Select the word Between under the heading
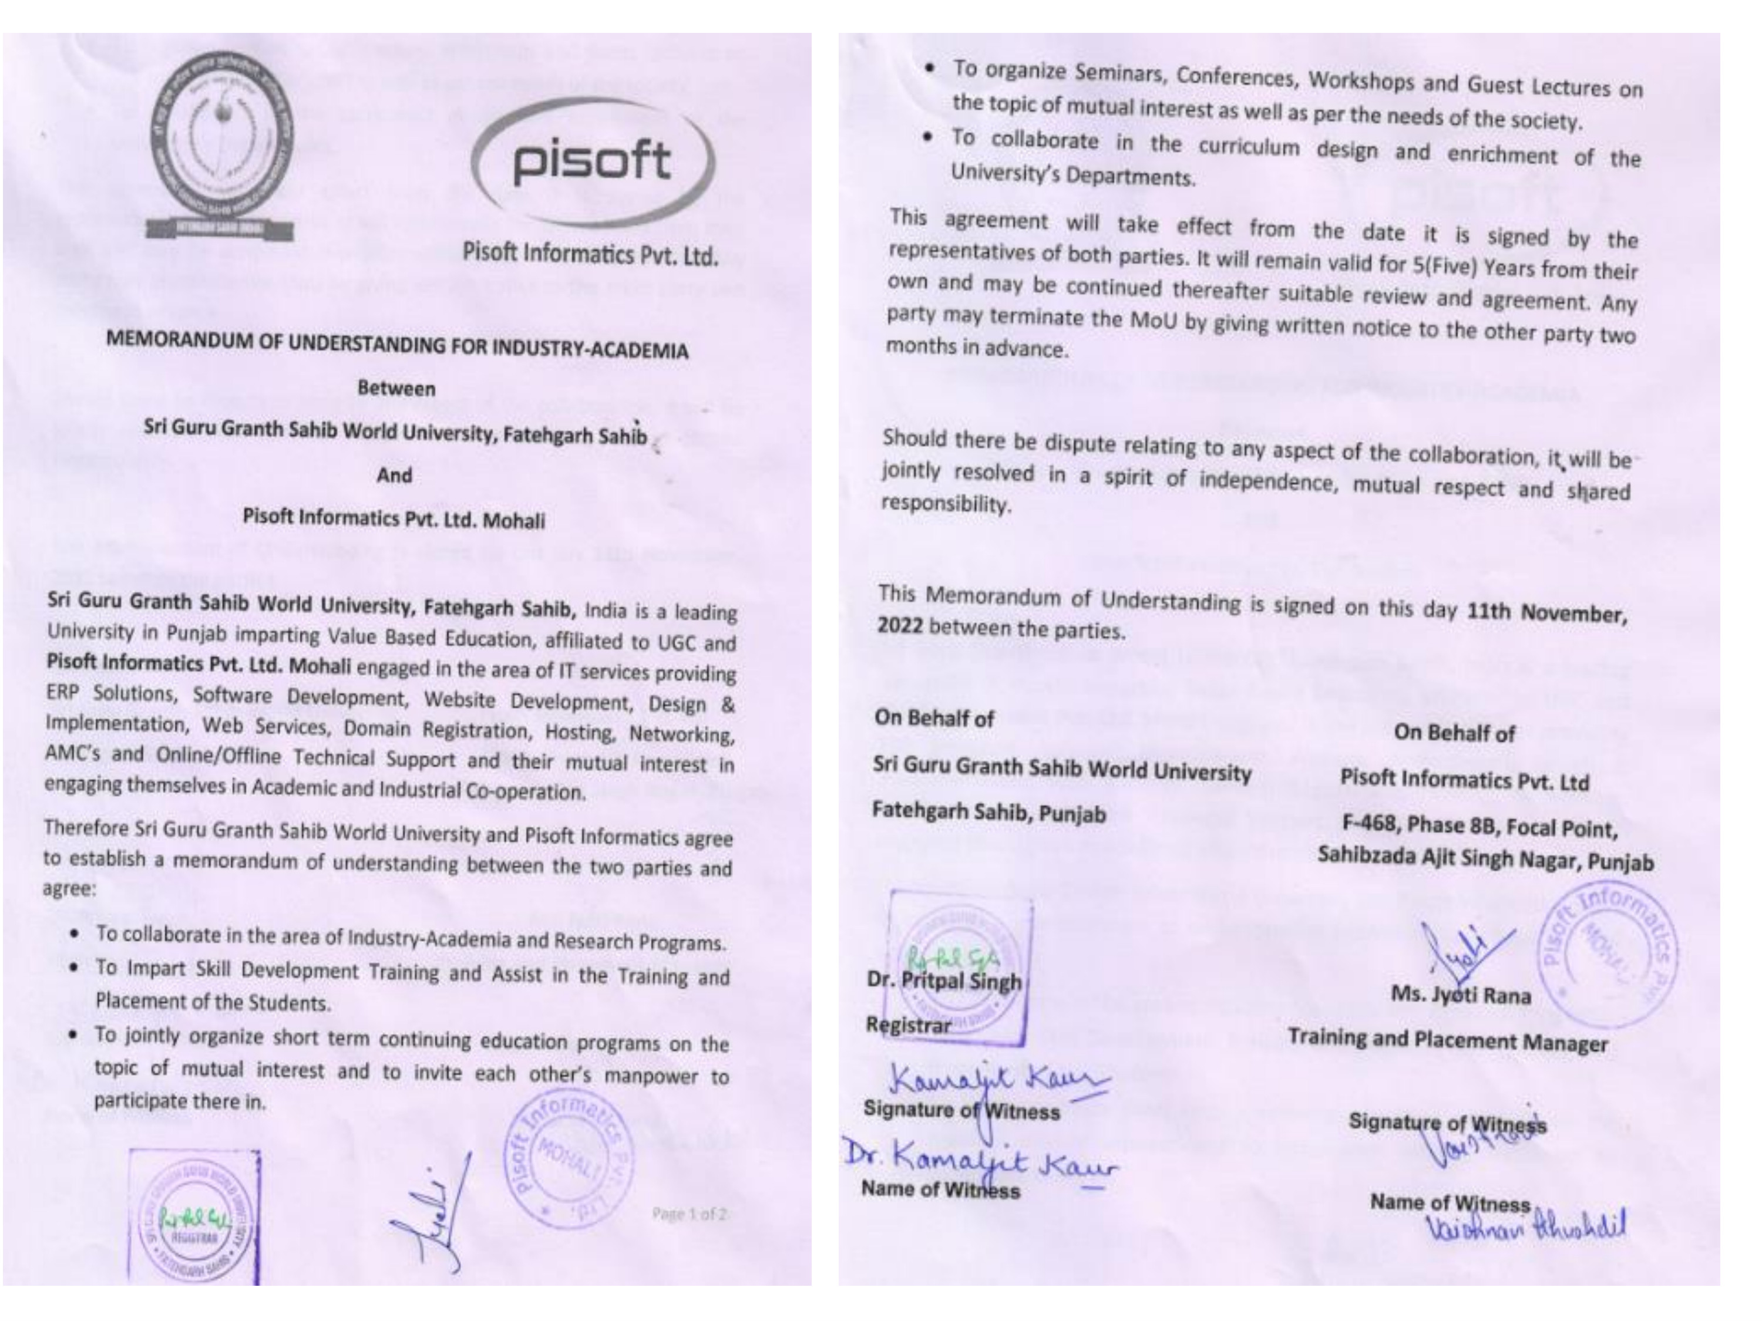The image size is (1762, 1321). [x=396, y=389]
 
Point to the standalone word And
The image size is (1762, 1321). [x=394, y=476]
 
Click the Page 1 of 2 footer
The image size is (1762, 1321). [x=688, y=1214]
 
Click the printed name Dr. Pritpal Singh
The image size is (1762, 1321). [x=943, y=981]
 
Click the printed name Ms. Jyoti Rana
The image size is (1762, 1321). [x=1460, y=995]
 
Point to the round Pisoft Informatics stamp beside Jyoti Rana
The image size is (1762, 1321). [x=1607, y=955]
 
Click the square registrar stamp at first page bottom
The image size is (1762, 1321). [x=194, y=1216]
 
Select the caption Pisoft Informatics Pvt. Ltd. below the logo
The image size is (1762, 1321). [x=590, y=255]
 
